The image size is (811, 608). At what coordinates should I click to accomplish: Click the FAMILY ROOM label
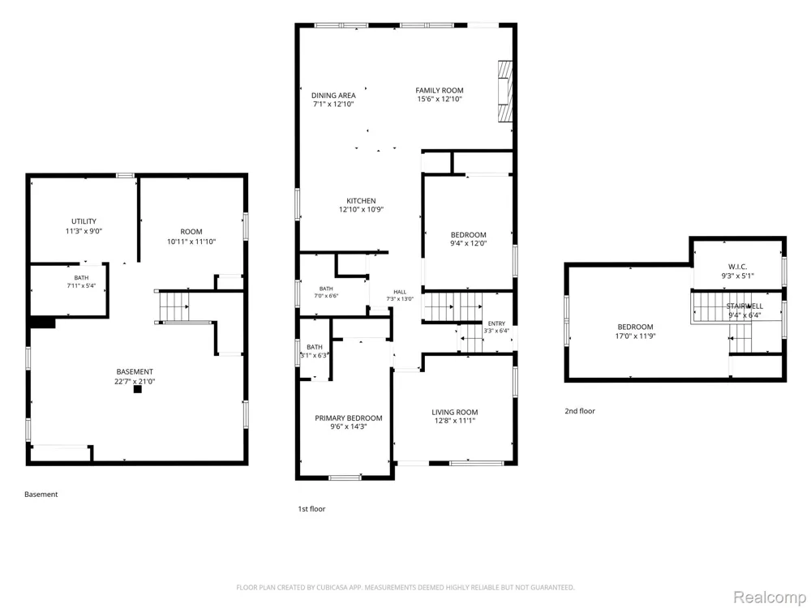pos(439,91)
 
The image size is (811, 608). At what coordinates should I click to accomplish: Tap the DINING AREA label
pos(333,96)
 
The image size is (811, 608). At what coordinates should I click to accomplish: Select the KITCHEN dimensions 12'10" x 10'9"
pos(361,210)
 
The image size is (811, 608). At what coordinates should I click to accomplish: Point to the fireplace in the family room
pos(504,92)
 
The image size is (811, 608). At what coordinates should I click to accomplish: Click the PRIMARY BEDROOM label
pos(349,418)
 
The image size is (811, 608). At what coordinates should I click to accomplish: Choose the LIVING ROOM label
pos(455,413)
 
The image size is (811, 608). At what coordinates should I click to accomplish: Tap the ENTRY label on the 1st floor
pos(496,323)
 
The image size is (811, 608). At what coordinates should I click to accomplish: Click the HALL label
pos(400,292)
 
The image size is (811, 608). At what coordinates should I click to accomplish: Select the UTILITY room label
pos(84,221)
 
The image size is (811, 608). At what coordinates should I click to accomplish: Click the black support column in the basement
pos(138,389)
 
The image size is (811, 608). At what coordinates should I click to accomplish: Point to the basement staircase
pos(174,306)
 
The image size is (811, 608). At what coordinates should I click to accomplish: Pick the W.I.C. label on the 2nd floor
pos(737,267)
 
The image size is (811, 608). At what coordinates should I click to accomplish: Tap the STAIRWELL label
pos(744,306)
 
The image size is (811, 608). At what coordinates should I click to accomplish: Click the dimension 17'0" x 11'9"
pos(635,336)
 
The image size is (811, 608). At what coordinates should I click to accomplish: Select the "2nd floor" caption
pos(580,411)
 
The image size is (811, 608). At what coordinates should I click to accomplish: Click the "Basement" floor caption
pos(41,495)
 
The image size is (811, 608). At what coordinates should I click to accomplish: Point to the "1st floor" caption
pos(311,509)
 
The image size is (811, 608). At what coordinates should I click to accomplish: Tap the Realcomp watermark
pos(769,597)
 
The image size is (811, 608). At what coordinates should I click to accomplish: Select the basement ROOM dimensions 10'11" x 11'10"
pos(191,242)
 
